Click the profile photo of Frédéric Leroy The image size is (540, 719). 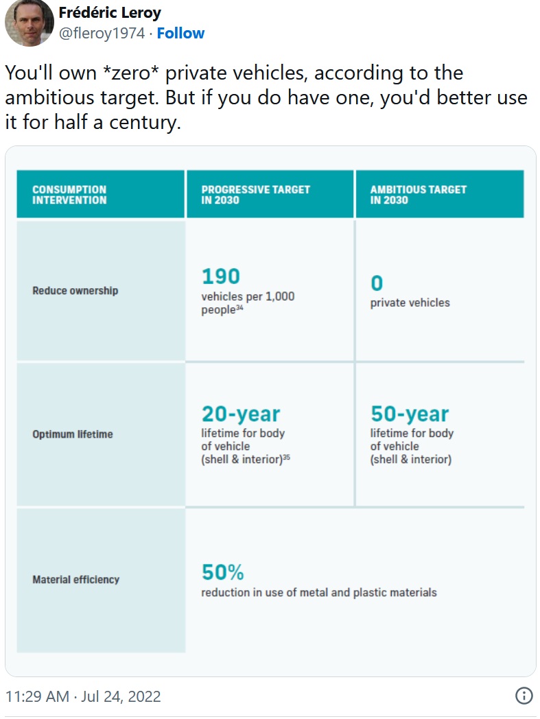(29, 23)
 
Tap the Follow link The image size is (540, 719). (180, 33)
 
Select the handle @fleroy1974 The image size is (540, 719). (103, 33)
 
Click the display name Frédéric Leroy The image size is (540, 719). (110, 12)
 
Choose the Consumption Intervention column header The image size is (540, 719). (69, 194)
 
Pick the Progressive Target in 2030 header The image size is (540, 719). (255, 194)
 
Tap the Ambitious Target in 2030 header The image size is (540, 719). (418, 194)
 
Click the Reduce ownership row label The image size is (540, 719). (75, 291)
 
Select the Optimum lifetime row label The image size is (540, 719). (73, 434)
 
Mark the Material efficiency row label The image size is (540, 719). (75, 580)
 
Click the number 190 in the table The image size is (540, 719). (220, 276)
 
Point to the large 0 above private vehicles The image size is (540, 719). (377, 283)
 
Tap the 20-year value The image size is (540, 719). (240, 414)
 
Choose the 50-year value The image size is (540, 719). (410, 414)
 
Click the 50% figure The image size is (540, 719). (222, 572)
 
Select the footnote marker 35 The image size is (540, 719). (286, 458)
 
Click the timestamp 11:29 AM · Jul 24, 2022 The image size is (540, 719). (82, 696)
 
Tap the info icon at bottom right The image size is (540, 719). (524, 696)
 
